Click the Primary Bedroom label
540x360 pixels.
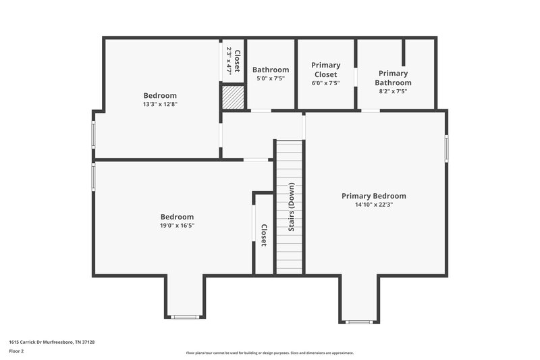click(373, 196)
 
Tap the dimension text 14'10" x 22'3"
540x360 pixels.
click(373, 205)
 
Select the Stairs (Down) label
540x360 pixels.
click(292, 207)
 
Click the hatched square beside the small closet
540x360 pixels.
click(233, 96)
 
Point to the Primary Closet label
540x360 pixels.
click(325, 70)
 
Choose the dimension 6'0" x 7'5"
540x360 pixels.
click(325, 83)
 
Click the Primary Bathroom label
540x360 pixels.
click(393, 78)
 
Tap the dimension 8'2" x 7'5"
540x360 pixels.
click(393, 91)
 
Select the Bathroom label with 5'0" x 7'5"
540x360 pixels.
click(271, 70)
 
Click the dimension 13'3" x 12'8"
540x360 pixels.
click(160, 104)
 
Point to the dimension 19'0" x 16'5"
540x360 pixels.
click(177, 226)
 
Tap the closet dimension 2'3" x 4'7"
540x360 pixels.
click(230, 60)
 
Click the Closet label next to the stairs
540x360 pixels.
click(264, 235)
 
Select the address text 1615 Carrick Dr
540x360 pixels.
click(51, 342)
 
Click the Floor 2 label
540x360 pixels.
click(16, 351)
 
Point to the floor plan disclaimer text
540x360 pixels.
click(269, 353)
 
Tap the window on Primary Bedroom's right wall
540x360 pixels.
click(446, 148)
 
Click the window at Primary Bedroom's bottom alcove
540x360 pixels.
click(359, 322)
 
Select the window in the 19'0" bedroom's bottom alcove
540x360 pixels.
click(184, 316)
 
